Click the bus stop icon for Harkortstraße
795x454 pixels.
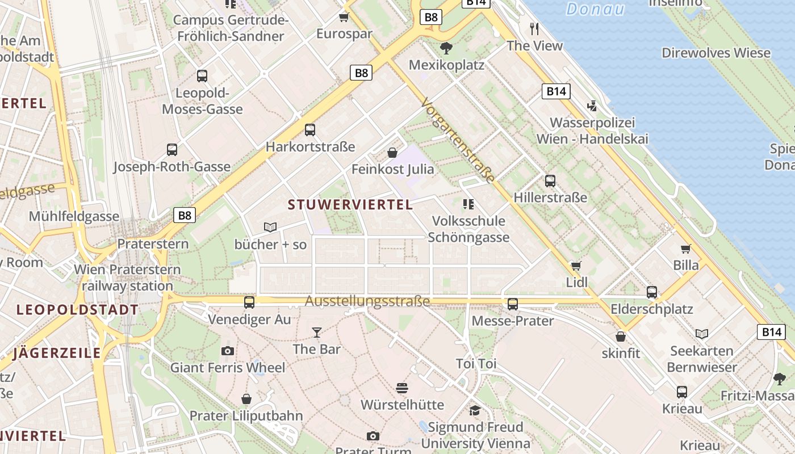point(310,130)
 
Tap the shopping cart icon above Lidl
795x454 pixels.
point(576,266)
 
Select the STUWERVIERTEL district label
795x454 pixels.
point(350,205)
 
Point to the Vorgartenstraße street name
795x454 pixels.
point(458,141)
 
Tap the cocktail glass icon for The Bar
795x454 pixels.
point(317,332)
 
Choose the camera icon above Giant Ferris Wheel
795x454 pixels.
point(228,351)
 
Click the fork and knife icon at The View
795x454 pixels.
point(534,28)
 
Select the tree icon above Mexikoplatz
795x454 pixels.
point(446,48)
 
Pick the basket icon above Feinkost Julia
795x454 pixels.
point(392,152)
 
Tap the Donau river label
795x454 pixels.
point(595,9)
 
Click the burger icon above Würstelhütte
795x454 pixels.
point(402,388)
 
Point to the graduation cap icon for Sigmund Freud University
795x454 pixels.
point(475,410)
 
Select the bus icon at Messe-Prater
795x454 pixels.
point(513,304)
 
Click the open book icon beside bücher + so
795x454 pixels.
point(270,228)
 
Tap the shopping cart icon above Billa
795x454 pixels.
point(686,249)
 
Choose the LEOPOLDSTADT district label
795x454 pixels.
point(77,310)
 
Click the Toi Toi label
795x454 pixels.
point(476,364)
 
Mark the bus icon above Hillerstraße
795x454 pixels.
point(550,181)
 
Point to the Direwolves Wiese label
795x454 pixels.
point(716,53)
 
